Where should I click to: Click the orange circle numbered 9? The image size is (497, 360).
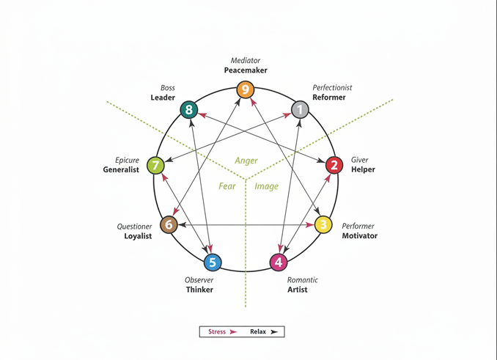(246, 91)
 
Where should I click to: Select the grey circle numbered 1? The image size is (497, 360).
(300, 110)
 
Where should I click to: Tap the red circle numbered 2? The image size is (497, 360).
(334, 165)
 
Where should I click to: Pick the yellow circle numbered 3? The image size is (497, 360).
(324, 224)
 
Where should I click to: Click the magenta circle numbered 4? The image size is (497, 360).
(279, 262)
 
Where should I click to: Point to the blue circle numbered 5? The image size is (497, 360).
(212, 262)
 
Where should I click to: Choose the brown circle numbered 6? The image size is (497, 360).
(169, 224)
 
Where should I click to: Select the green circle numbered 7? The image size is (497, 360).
(156, 165)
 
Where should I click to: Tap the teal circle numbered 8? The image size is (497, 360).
(189, 110)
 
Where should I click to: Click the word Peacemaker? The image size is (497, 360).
(246, 70)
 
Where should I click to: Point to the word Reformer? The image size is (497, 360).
(329, 98)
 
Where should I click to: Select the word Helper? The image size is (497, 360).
(363, 169)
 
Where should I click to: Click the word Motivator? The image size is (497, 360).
(360, 236)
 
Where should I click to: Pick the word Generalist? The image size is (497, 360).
(121, 170)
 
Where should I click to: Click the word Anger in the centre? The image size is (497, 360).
(246, 161)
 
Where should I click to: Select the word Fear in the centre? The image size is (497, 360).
(227, 186)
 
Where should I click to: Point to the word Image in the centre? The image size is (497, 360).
(266, 186)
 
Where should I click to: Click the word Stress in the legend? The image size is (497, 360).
(217, 331)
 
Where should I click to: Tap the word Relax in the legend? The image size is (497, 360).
(258, 331)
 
